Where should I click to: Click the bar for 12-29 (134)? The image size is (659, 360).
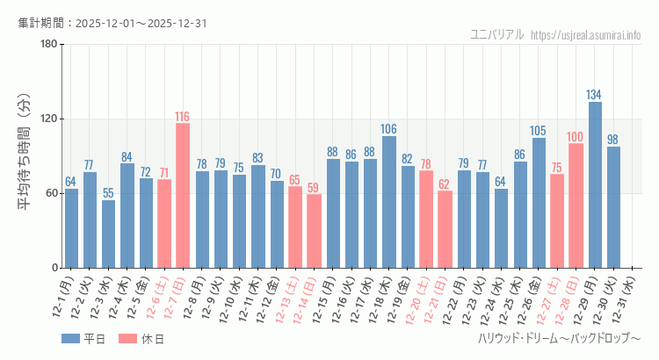pos(595,185)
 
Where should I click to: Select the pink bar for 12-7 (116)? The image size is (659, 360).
pos(183,196)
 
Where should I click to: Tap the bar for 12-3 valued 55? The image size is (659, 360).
pos(108,234)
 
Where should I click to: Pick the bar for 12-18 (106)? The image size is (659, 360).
pos(388,202)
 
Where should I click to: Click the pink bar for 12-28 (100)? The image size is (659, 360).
pos(576,205)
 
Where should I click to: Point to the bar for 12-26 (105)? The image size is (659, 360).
pos(538,203)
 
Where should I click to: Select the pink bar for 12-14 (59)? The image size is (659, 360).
pos(314,231)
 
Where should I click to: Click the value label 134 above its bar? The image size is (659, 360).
pos(595,95)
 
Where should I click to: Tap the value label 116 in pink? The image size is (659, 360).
pos(183,117)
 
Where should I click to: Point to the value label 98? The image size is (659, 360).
pos(613,140)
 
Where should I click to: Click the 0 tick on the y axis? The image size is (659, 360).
pos(54,268)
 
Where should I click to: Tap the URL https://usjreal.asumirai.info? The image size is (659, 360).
pos(586,34)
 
